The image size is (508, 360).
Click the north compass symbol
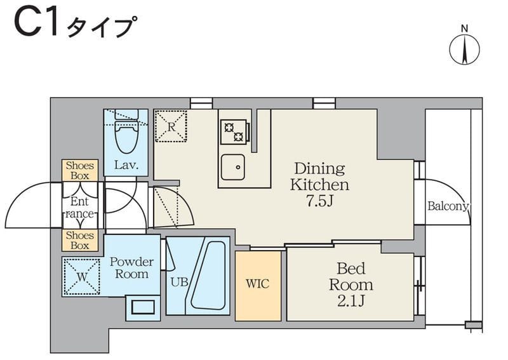(x=464, y=48)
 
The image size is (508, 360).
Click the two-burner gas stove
(x=233, y=131)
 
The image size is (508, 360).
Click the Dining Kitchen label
(x=319, y=177)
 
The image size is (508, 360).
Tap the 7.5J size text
(x=319, y=202)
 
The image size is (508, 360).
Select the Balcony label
(x=448, y=206)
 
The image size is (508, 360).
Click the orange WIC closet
(x=258, y=285)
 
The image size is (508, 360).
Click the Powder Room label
(x=131, y=268)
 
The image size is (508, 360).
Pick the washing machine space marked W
(x=82, y=276)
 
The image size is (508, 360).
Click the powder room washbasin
(x=142, y=307)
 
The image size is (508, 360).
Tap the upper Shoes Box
(x=79, y=170)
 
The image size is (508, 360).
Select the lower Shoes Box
(x=79, y=240)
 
